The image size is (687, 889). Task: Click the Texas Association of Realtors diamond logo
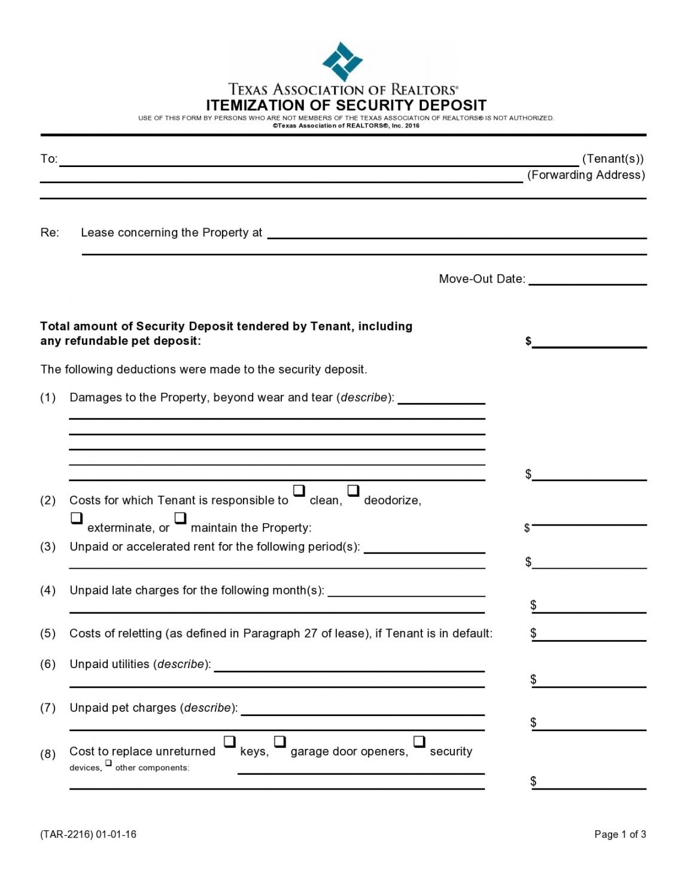click(x=342, y=61)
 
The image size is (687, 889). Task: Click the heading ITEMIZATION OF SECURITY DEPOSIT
click(x=346, y=105)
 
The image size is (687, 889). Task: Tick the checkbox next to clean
click(x=299, y=491)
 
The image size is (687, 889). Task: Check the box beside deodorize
click(x=353, y=491)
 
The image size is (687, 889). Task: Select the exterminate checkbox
click(x=77, y=518)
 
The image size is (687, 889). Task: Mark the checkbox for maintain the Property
click(x=180, y=518)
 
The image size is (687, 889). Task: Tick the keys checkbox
click(x=230, y=742)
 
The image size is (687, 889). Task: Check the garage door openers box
click(x=279, y=742)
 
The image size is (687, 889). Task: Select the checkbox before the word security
click(x=419, y=742)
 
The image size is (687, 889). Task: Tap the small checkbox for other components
click(x=108, y=763)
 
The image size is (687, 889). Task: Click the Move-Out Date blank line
click(x=588, y=280)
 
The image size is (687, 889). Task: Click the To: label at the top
click(x=48, y=159)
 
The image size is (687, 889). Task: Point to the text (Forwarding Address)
click(x=585, y=175)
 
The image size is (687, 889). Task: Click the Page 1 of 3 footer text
click(x=619, y=835)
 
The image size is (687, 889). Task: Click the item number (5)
click(x=48, y=633)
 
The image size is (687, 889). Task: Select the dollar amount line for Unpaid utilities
click(x=589, y=682)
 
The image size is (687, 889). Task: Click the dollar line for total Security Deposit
click(x=589, y=343)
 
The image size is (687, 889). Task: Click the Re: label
click(x=50, y=233)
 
